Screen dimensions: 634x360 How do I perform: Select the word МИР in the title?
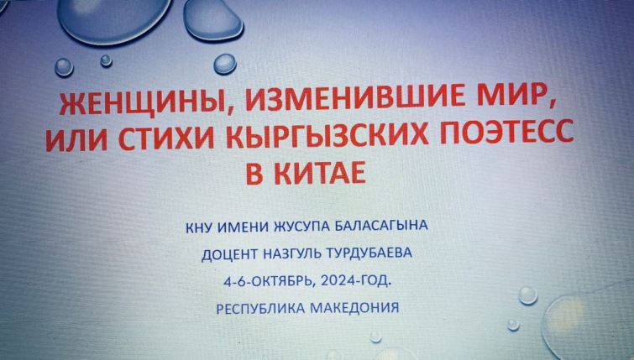(x=516, y=97)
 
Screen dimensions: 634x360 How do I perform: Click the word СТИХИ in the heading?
(x=166, y=137)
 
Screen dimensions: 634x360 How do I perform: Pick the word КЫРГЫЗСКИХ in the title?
(x=327, y=134)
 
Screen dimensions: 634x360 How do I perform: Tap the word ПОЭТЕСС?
(x=507, y=131)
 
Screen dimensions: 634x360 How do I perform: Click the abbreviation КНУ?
(x=199, y=228)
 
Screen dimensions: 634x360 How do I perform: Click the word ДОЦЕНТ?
(x=229, y=255)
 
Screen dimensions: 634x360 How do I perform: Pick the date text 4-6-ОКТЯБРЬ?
(x=269, y=281)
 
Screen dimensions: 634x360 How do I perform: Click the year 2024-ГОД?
(x=356, y=280)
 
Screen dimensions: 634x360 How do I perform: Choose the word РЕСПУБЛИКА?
(x=260, y=309)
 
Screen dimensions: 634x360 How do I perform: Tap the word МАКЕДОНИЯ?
(x=354, y=308)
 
